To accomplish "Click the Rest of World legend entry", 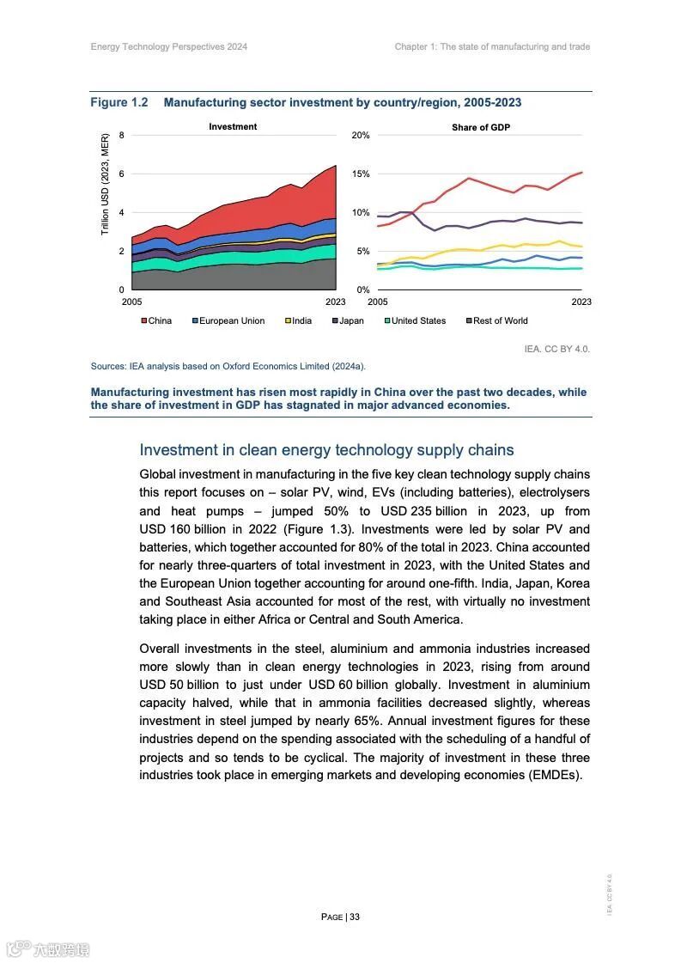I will [499, 321].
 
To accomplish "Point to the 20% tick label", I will [361, 136].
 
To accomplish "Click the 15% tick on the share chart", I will [361, 174].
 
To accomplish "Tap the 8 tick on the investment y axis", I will [122, 136].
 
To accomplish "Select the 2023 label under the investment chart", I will [335, 302].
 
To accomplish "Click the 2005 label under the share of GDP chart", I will [378, 302].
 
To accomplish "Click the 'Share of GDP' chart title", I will [481, 127].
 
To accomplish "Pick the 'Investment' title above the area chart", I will [233, 126].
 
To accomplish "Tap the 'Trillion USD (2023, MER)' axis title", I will [106, 184].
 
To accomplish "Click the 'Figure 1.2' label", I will [119, 103].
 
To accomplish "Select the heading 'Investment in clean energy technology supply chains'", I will [326, 450].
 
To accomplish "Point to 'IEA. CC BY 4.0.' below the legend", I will [556, 349].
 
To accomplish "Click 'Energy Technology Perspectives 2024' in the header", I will [169, 46].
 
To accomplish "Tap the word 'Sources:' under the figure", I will [109, 367].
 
